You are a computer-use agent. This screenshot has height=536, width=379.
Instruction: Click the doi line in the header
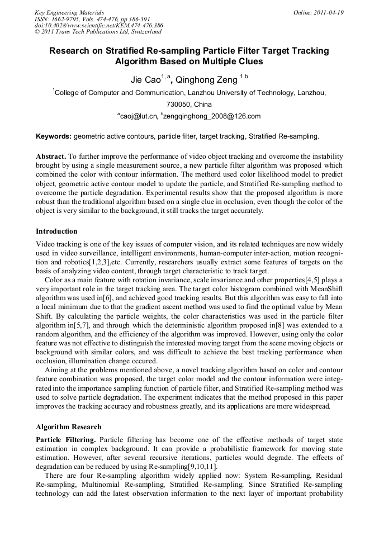[98, 26]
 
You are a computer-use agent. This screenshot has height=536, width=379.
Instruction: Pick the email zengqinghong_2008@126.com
[212, 116]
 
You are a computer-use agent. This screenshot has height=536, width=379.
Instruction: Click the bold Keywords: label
[54, 136]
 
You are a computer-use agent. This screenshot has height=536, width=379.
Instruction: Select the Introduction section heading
[56, 231]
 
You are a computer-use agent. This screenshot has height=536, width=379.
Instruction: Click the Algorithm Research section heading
[68, 426]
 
